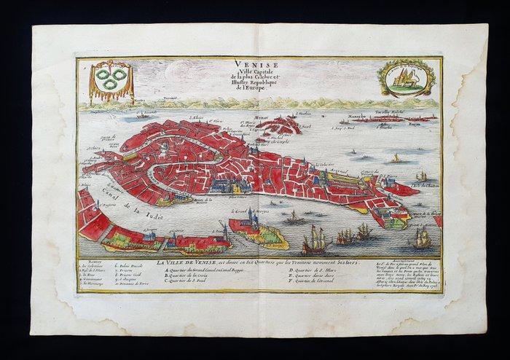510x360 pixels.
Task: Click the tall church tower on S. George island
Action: (251, 219)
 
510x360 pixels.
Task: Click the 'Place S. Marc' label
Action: (235, 195)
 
